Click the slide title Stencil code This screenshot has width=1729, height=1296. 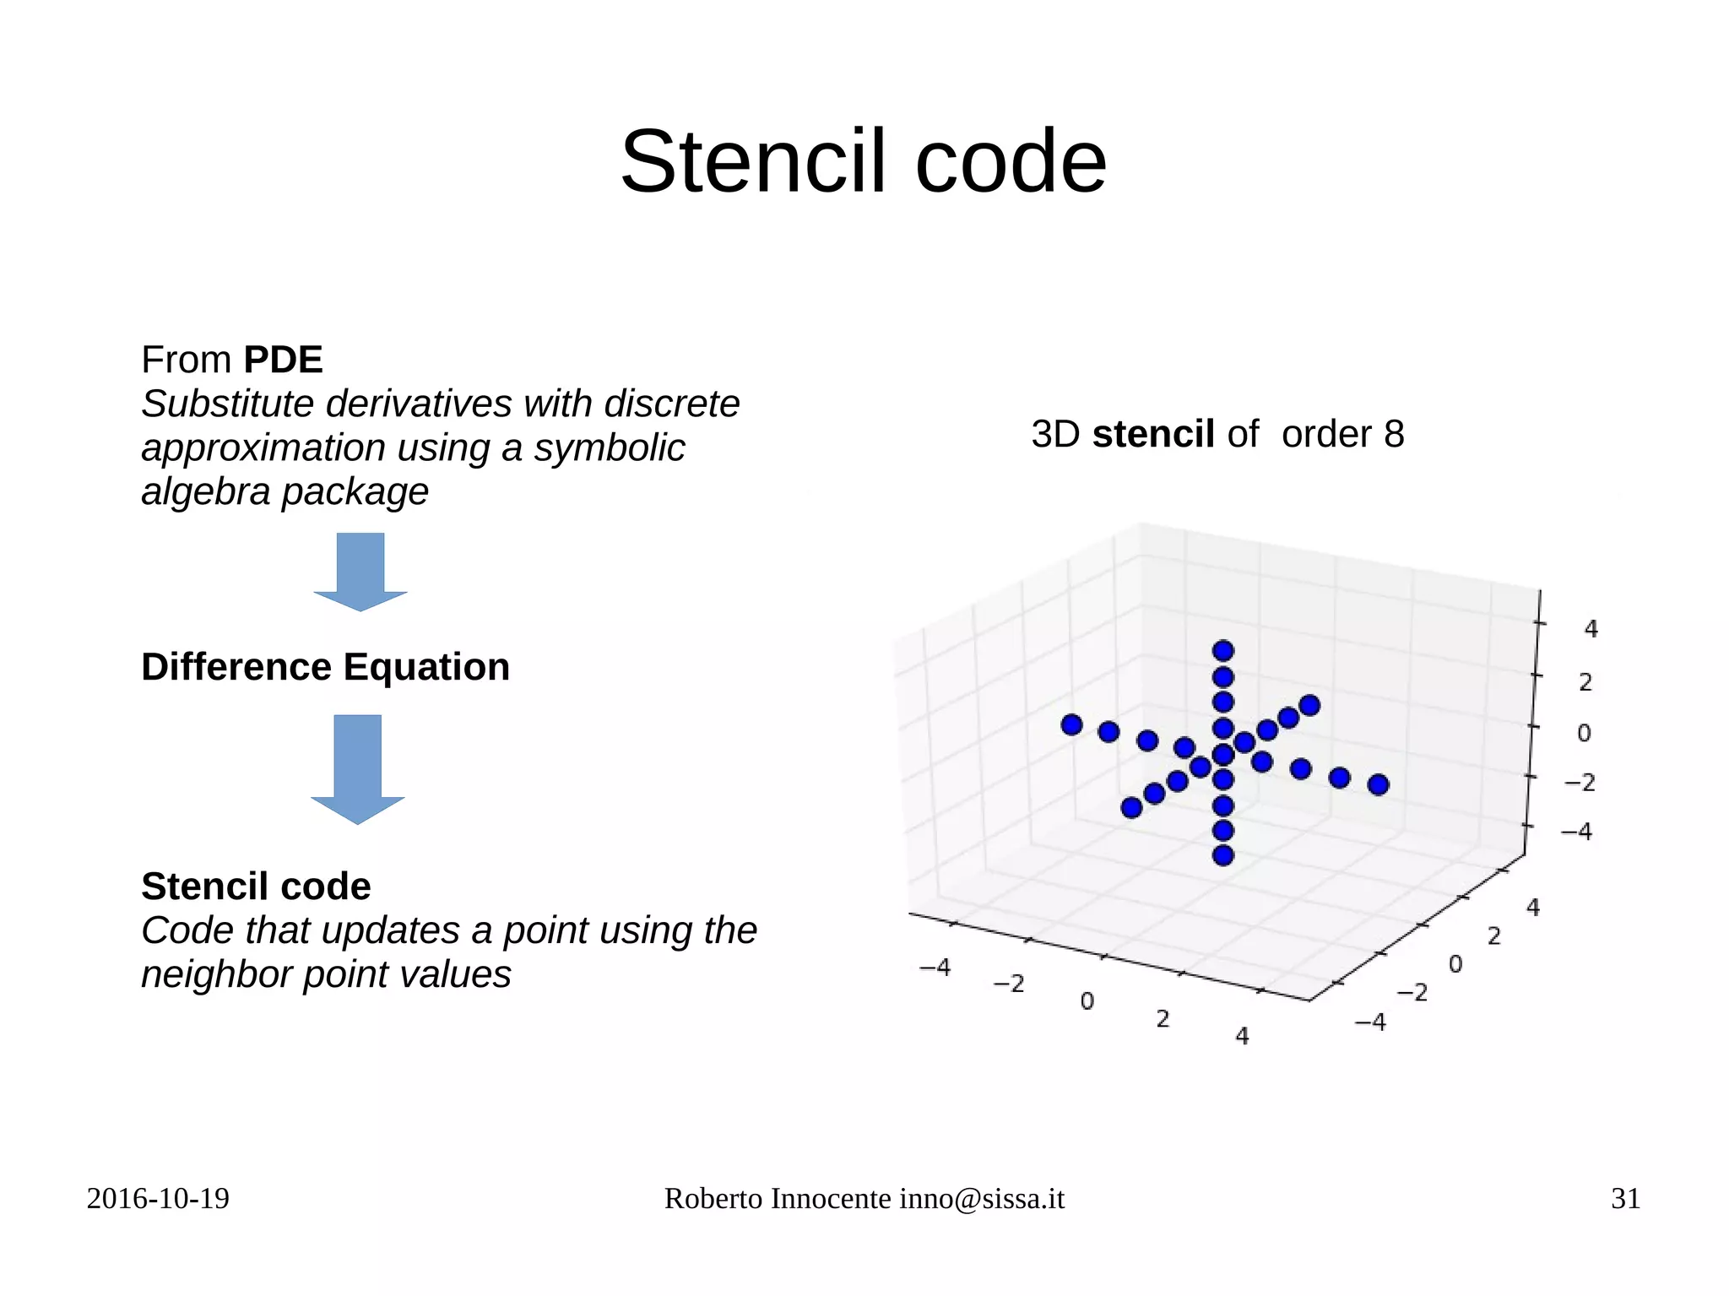(x=863, y=161)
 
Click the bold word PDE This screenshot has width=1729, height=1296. (x=283, y=361)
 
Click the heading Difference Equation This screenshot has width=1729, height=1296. (x=325, y=667)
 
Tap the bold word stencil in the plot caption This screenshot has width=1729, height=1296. (x=1153, y=434)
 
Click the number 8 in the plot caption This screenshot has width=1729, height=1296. (x=1393, y=434)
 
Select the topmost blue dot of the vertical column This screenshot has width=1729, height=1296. (x=1223, y=651)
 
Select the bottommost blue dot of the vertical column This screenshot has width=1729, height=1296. (x=1223, y=855)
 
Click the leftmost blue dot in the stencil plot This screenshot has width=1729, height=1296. (x=1071, y=724)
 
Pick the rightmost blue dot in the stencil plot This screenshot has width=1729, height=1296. (x=1378, y=785)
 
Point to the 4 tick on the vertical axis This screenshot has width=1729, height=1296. (x=1591, y=629)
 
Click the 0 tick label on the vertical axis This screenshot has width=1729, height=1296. (x=1585, y=733)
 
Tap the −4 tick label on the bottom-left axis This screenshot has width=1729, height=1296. (x=935, y=967)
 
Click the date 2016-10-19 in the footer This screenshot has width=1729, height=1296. (x=158, y=1199)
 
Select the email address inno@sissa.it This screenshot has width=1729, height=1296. (x=982, y=1199)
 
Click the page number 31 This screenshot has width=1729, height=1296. (x=1625, y=1199)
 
